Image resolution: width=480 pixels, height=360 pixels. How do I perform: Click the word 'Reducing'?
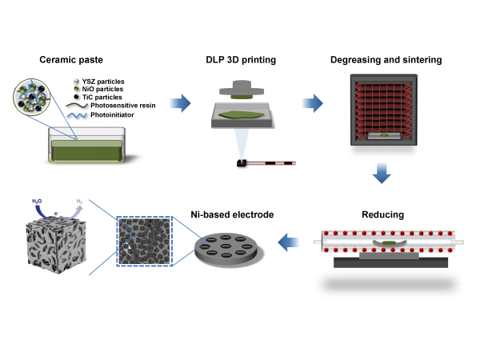[382, 214]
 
